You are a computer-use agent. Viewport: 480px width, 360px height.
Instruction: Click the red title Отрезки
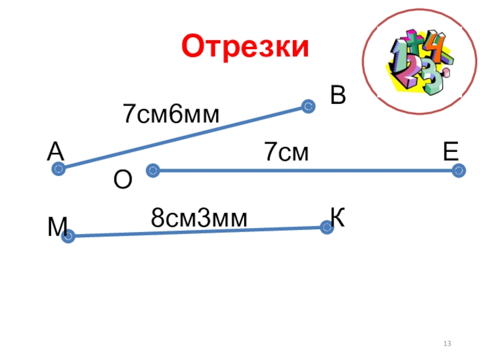[x=245, y=47]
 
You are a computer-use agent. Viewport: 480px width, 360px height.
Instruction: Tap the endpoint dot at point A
[x=58, y=169]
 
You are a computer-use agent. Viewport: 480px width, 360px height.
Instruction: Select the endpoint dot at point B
[x=308, y=107]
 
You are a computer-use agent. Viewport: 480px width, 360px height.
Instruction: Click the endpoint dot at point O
[x=152, y=171]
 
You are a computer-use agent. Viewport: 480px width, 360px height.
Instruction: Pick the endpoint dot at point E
[x=459, y=171]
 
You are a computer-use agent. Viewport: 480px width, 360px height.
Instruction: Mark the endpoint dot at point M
[x=68, y=236]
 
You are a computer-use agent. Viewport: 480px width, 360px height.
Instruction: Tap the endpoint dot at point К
[x=326, y=227]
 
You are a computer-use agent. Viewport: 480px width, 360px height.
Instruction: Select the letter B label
[x=338, y=95]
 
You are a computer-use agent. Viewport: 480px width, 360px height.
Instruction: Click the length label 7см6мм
[x=171, y=114]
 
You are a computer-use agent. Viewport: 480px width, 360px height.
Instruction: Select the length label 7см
[x=287, y=153]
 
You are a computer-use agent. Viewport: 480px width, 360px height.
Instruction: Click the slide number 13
[x=446, y=344]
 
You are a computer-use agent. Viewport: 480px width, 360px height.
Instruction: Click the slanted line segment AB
[x=183, y=138]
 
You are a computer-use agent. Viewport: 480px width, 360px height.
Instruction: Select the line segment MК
[x=197, y=232]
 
